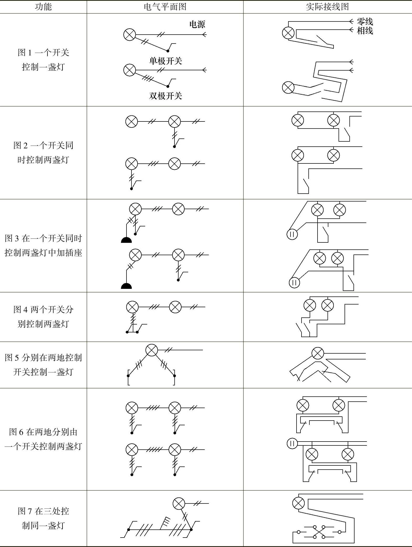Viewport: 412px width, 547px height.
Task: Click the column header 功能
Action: tap(43, 7)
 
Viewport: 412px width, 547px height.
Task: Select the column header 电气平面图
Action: tap(165, 7)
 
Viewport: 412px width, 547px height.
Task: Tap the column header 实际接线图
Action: tap(327, 7)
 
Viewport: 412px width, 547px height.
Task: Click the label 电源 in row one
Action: tap(197, 24)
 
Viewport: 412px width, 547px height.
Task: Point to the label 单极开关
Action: tap(166, 61)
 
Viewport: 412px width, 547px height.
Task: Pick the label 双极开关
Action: tap(166, 96)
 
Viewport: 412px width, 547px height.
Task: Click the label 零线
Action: tap(365, 22)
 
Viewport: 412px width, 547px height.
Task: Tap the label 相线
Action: tap(365, 31)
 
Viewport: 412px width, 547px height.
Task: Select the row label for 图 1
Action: tap(43, 60)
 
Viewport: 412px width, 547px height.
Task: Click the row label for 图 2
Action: tap(43, 152)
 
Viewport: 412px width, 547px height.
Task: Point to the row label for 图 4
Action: tap(43, 317)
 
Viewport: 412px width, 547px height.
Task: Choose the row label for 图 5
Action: tap(43, 365)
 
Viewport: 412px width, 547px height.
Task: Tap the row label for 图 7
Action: tap(43, 518)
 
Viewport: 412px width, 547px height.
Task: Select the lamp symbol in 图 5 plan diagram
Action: tap(152, 350)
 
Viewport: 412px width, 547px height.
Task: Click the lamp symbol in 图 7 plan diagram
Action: tap(179, 503)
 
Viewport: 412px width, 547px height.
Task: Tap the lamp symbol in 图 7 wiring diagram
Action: tap(298, 503)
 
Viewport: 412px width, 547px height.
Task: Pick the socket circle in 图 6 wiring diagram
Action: tap(292, 444)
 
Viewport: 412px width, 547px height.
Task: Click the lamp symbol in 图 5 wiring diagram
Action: tap(318, 353)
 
